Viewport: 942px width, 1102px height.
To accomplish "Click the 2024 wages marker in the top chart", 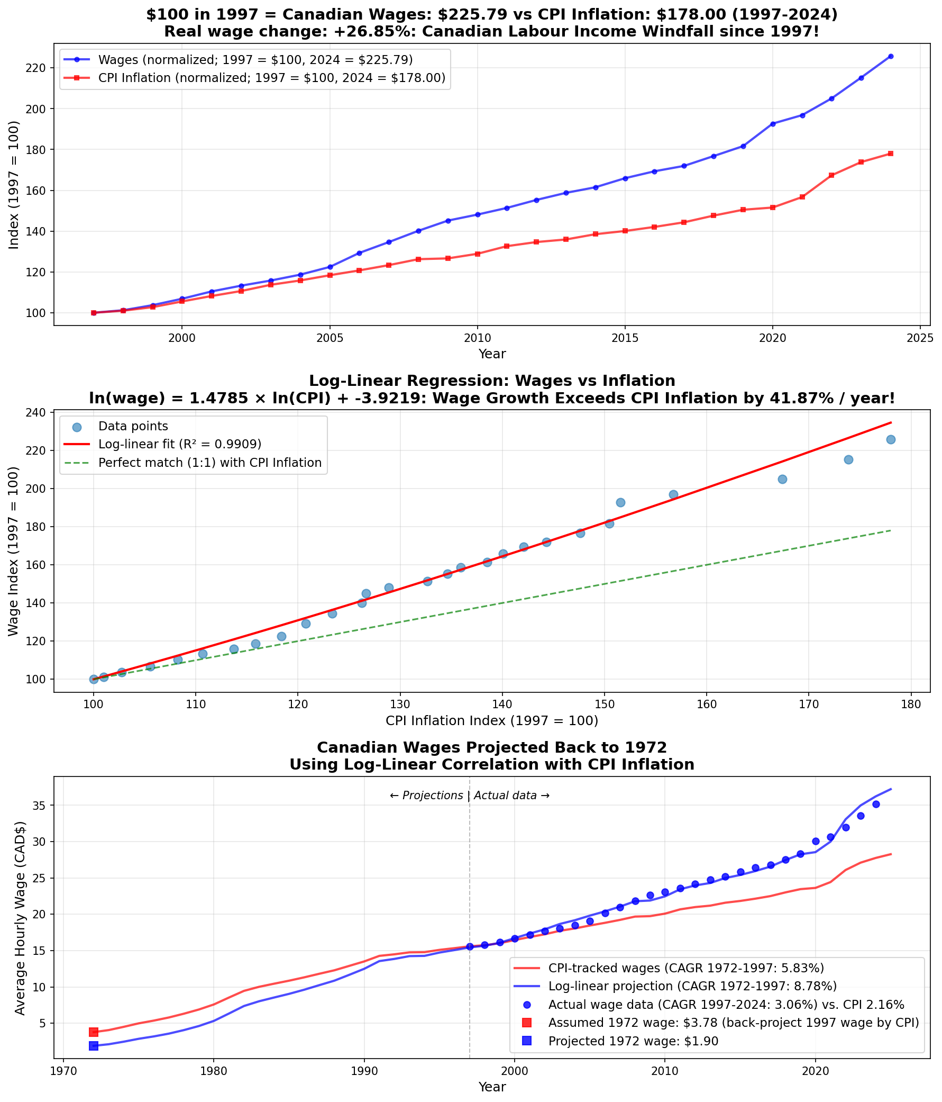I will click(x=891, y=57).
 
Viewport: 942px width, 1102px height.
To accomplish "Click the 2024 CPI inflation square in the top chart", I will click(x=891, y=153).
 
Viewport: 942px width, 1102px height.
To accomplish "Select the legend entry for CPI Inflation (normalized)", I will click(x=271, y=78).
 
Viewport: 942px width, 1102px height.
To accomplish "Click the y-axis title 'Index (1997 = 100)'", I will click(x=14, y=185).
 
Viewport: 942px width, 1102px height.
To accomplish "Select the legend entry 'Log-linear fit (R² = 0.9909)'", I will click(x=180, y=444).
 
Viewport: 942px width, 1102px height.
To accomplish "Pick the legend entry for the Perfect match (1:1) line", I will click(x=209, y=463).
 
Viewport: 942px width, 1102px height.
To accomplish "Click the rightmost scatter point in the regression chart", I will click(x=891, y=439).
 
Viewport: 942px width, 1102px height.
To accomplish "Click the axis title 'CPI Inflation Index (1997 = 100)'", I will click(x=492, y=721).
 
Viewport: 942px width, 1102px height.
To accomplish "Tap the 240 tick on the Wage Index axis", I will click(x=40, y=412).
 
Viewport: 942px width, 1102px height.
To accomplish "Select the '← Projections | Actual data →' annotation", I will click(x=469, y=796).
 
